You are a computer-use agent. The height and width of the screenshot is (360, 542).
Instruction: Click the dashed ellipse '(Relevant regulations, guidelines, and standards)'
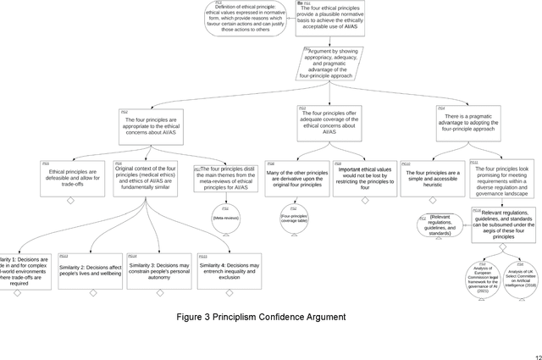pyautogui.click(x=437, y=225)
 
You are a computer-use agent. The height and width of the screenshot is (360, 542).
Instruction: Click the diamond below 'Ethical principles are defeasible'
pyautogui.click(x=70, y=200)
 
